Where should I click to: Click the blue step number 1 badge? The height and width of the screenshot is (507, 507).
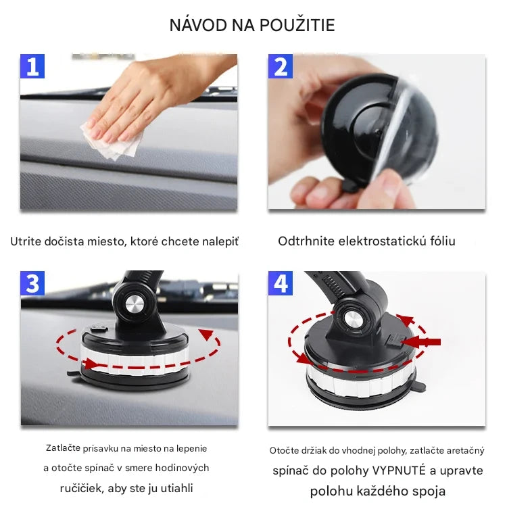point(32,66)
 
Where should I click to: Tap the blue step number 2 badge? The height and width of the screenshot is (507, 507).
point(281,67)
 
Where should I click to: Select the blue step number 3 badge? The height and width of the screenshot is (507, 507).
point(32,283)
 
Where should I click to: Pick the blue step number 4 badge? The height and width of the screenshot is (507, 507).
point(281,283)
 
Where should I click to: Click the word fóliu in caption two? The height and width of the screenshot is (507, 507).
point(441,241)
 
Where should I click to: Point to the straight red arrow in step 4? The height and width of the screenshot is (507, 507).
point(423,342)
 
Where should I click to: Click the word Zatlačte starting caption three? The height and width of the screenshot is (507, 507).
point(66,448)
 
